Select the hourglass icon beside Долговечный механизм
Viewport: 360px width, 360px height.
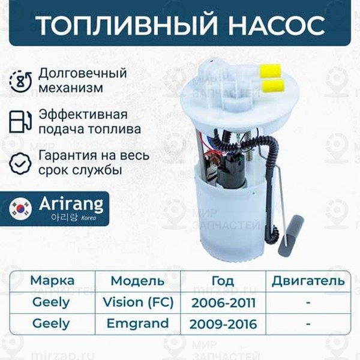20,80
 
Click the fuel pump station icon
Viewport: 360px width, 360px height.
20,121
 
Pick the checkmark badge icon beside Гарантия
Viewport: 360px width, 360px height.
20,161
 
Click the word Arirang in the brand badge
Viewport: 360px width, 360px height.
71,203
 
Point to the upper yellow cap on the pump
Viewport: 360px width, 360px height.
270,70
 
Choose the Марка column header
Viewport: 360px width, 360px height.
52,280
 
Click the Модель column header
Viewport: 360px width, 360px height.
137,281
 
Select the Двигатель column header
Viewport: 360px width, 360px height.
308,280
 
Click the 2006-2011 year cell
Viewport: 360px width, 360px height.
223,302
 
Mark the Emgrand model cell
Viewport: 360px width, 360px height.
137,324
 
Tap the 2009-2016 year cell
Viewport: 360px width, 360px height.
223,325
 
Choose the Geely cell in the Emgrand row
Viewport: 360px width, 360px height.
51,324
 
